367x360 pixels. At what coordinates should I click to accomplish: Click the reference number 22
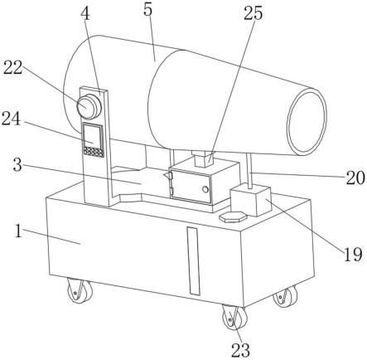point(12,67)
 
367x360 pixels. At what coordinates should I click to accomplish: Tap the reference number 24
point(12,119)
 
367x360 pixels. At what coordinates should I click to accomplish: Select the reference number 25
point(253,13)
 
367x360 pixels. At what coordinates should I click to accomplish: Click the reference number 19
point(352,254)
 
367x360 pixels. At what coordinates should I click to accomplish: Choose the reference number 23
point(240,350)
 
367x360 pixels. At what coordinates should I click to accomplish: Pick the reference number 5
point(148,11)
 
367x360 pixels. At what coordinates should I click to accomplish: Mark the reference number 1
point(18,231)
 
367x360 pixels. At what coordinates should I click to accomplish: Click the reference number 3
point(17,165)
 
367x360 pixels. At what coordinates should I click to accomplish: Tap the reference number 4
point(85,14)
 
